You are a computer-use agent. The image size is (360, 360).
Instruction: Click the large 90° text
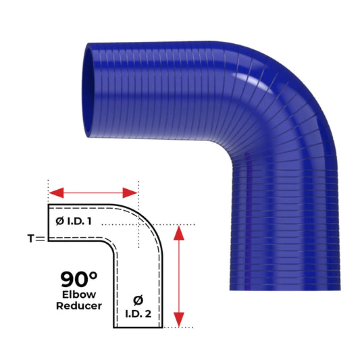(78, 279)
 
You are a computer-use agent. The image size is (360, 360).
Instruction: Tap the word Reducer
(80, 305)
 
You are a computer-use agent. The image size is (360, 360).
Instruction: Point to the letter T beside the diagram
(31, 238)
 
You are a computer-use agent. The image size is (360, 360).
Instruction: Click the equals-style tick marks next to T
(41, 238)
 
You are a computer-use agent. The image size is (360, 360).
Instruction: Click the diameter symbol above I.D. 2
(138, 298)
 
